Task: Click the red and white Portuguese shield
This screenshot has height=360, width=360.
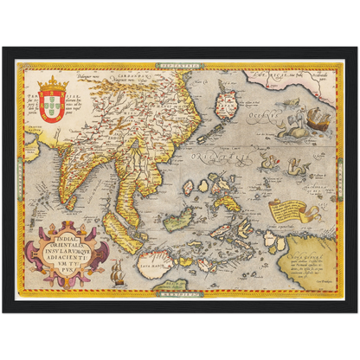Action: tap(53, 106)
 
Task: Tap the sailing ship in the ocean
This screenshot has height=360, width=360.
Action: tap(317, 120)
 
